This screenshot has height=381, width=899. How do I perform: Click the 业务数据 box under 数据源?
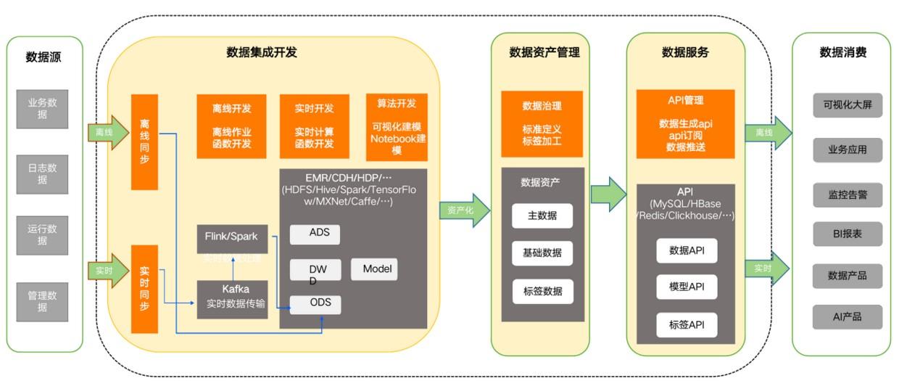pyautogui.click(x=43, y=109)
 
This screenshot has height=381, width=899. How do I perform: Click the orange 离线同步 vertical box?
pyautogui.click(x=144, y=142)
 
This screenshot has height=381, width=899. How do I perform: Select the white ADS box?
pyautogui.click(x=315, y=234)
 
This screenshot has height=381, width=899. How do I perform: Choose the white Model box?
pyautogui.click(x=374, y=269)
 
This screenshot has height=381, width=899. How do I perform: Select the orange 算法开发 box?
pyautogui.click(x=397, y=126)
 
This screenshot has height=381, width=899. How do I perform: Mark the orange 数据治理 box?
pyautogui.click(x=542, y=124)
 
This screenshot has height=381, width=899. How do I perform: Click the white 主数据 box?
pyautogui.click(x=542, y=216)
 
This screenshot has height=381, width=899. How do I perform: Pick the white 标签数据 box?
pyautogui.click(x=542, y=291)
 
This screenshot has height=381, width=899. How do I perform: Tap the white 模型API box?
pyautogui.click(x=686, y=287)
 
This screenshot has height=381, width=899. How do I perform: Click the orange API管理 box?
pyautogui.click(x=685, y=123)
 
